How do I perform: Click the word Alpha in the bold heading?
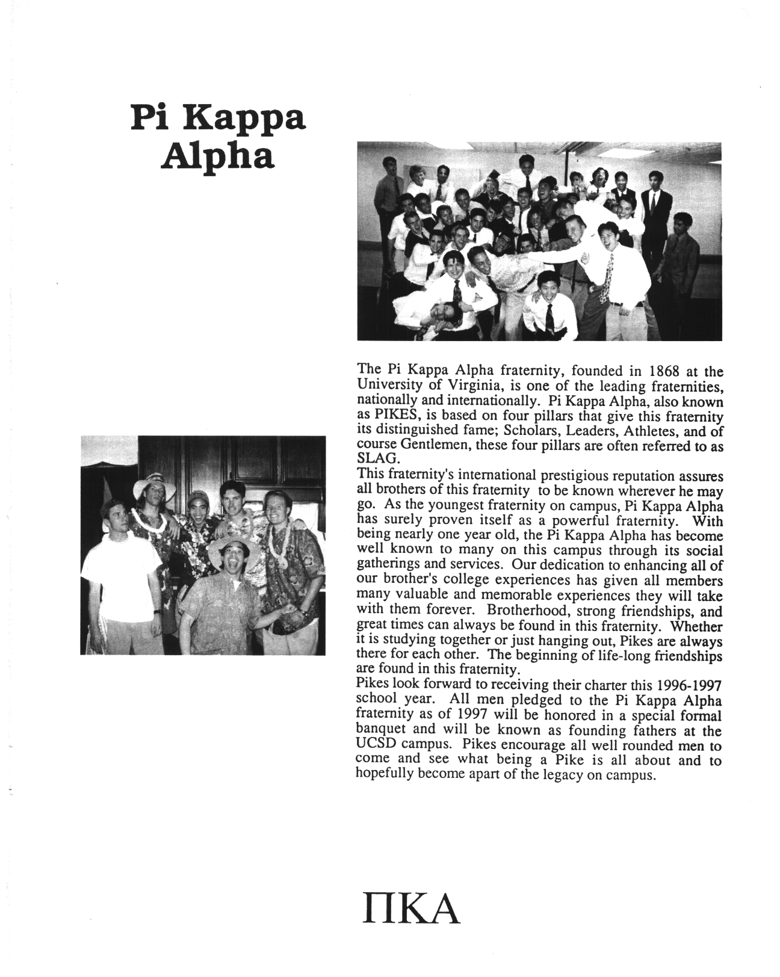(x=220, y=156)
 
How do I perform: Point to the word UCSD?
(x=377, y=745)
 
